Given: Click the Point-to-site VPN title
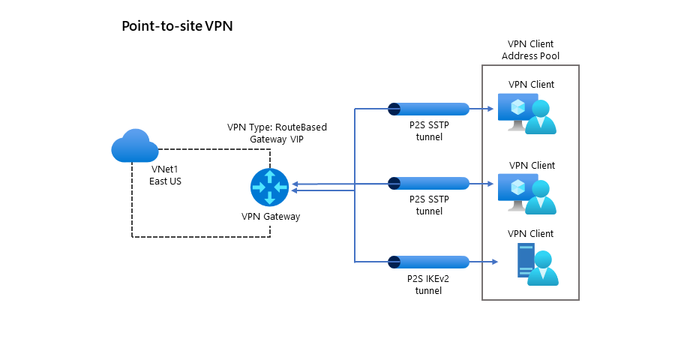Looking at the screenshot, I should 178,26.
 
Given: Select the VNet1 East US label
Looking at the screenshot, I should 165,175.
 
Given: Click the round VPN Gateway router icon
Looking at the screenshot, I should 268,187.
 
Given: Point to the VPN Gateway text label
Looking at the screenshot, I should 270,217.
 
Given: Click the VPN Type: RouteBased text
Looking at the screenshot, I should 277,127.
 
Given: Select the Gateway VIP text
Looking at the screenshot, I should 277,139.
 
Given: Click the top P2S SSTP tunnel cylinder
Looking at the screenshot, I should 428,109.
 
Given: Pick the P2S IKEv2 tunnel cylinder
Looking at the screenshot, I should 428,262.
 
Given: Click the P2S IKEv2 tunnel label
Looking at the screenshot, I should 428,284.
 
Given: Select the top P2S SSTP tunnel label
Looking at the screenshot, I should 428,131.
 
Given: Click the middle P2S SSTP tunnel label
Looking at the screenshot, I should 428,205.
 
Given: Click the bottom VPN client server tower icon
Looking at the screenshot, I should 523,261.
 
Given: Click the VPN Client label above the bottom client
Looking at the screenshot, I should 531,234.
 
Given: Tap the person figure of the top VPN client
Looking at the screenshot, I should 541,118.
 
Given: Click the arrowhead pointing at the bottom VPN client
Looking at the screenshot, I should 496,262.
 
